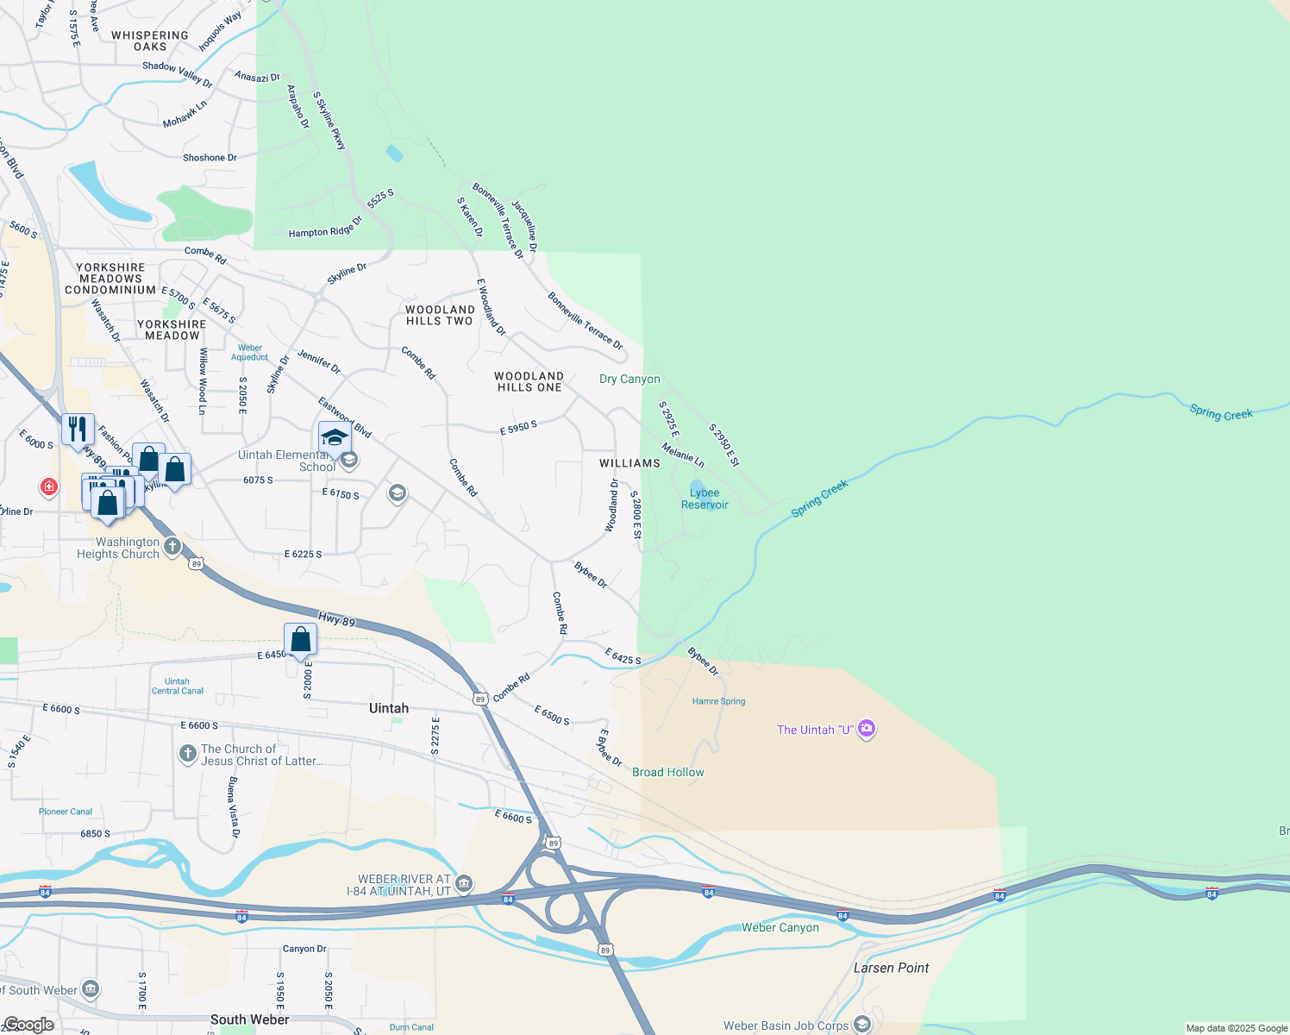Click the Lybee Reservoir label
[x=704, y=499]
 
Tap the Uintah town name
[x=389, y=708]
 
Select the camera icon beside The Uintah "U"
[x=867, y=729]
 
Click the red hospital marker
[x=49, y=487]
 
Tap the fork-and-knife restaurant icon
[x=78, y=429]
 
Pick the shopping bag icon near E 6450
[x=301, y=640]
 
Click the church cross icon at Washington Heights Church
[x=172, y=546]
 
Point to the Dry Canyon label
[x=629, y=379]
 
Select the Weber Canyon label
[x=780, y=927]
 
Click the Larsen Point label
[x=891, y=968]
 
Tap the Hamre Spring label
[x=718, y=701]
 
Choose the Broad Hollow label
[x=668, y=772]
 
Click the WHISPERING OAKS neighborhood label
[x=150, y=41]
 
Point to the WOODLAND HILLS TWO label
[x=440, y=315]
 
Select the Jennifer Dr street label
[x=319, y=361]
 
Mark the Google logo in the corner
[x=28, y=1025]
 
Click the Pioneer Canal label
[x=66, y=812]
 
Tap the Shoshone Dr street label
[x=210, y=158]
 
